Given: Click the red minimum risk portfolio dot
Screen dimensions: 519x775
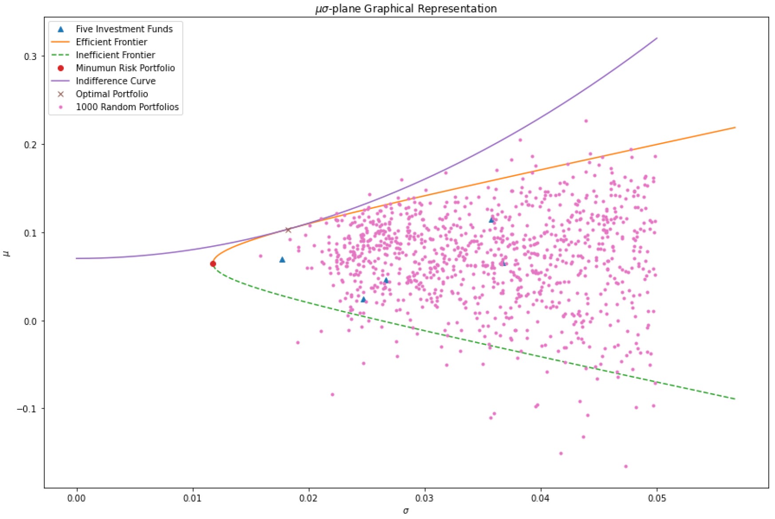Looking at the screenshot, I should click(213, 264).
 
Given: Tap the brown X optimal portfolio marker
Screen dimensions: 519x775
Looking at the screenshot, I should click(288, 230).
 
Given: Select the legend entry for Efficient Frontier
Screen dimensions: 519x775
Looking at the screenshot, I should click(111, 42).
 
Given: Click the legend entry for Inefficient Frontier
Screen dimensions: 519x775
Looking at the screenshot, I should click(115, 55).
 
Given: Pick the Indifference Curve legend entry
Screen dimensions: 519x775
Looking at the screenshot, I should click(115, 81).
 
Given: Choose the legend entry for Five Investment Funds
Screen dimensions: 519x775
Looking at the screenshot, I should click(124, 29).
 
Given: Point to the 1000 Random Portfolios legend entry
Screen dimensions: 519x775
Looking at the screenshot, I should click(127, 107).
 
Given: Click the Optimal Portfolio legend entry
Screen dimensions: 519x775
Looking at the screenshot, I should click(112, 94).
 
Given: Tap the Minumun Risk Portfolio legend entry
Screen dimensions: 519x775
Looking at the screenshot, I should click(125, 68).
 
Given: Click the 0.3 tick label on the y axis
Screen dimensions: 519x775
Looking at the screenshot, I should click(31, 56).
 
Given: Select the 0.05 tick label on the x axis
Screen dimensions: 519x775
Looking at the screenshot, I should click(657, 499).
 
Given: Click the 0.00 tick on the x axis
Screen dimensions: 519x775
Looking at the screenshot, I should click(77, 499).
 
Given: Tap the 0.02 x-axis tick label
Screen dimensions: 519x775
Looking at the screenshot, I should click(308, 499).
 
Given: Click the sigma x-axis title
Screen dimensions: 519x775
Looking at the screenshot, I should click(406, 511).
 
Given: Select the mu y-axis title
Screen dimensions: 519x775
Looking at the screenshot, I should click(6, 253).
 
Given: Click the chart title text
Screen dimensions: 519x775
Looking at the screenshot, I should click(406, 8).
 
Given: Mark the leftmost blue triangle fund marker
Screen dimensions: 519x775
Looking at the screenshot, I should click(282, 259).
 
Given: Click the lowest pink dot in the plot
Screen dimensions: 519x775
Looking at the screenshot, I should click(626, 467).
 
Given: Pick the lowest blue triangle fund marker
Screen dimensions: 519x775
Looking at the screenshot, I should click(364, 299).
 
